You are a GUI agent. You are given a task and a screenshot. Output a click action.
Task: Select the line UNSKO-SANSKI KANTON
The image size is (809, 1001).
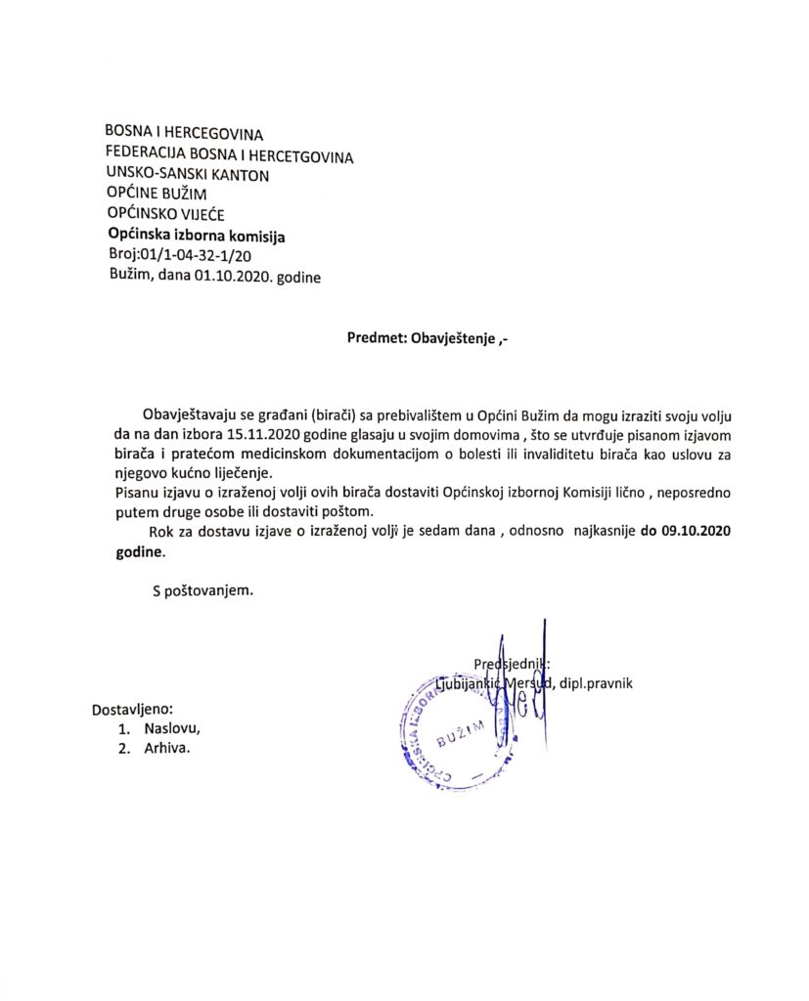(x=187, y=175)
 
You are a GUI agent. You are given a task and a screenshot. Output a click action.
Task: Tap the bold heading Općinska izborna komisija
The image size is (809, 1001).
(x=196, y=236)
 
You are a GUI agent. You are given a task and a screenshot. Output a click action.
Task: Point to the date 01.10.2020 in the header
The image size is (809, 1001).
(x=232, y=277)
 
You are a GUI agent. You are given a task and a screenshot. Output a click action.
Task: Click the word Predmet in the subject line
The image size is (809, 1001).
(x=374, y=339)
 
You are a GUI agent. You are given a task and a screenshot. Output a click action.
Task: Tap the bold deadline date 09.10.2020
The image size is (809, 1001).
(x=682, y=533)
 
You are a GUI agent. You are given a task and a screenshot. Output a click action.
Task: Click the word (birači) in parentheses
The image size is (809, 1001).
(x=330, y=413)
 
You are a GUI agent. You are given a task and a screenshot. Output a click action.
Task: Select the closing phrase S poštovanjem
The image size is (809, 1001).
(x=202, y=591)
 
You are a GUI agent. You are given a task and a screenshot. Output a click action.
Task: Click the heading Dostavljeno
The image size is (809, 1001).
(x=132, y=708)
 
